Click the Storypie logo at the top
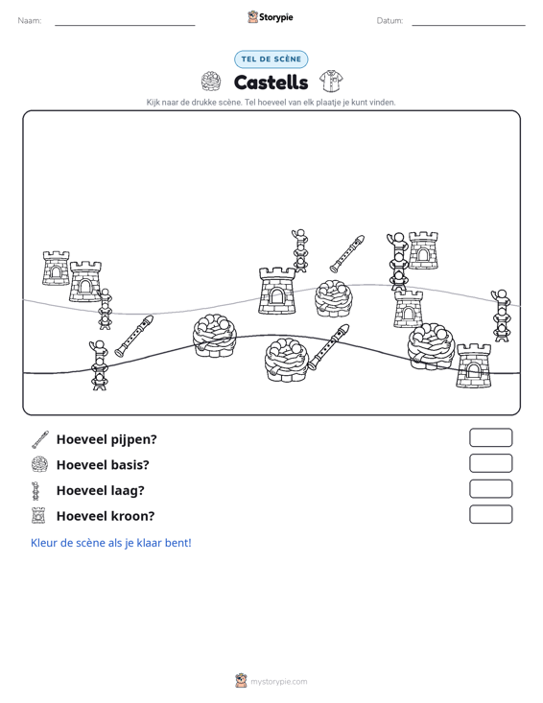point(271,17)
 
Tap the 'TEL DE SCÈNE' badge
point(271,59)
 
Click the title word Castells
point(271,82)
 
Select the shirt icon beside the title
point(331,82)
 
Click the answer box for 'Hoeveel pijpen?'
point(490,437)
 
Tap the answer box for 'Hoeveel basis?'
point(490,463)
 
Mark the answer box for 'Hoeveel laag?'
point(490,489)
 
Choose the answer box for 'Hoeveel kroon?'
point(490,514)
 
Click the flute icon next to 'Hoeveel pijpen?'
point(39,440)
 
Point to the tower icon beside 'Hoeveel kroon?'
point(38,516)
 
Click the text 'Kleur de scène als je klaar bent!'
point(110,543)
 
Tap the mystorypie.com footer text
point(278,682)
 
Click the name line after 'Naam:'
point(125,25)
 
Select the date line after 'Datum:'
point(468,25)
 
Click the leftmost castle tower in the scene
point(56,269)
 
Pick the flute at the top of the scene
point(347,253)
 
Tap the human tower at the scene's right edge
point(502,316)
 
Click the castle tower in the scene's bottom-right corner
point(474,365)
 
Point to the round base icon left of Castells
point(211,82)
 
